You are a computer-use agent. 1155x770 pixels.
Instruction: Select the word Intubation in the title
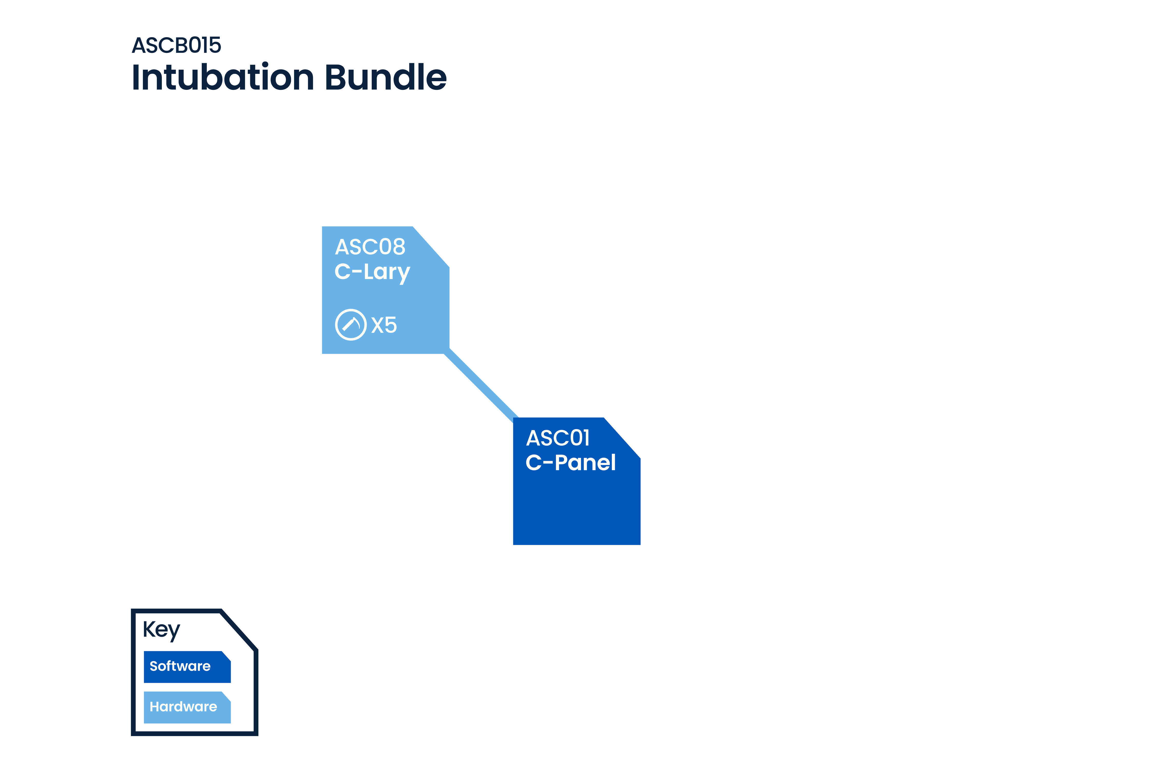point(223,78)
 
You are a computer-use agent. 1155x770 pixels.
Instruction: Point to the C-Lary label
point(372,272)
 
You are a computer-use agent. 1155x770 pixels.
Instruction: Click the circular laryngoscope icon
point(351,325)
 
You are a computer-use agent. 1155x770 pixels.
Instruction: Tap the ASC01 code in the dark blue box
point(558,438)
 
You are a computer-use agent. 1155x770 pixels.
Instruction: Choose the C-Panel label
point(570,463)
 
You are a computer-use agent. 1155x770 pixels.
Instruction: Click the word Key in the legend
point(161,630)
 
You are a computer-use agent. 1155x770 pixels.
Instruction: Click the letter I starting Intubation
point(136,78)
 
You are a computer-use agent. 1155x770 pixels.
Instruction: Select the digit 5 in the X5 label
point(390,325)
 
